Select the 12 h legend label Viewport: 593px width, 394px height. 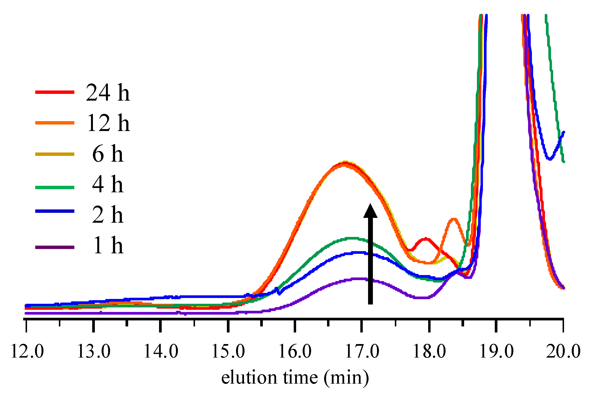coord(108,123)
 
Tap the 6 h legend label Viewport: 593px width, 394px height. coord(108,154)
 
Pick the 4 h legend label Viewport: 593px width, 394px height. coord(108,184)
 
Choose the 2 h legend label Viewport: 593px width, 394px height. coord(108,214)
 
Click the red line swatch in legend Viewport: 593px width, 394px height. coord(55,92)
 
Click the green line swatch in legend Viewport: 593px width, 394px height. coord(55,187)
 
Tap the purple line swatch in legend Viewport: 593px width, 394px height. coord(55,247)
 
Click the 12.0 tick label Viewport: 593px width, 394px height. coord(27,351)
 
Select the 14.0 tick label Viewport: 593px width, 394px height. coord(161,351)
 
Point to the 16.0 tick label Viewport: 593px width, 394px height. coord(295,351)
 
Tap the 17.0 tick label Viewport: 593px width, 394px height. coord(362,351)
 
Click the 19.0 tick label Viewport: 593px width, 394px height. coord(496,351)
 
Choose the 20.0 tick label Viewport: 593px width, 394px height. coord(563,351)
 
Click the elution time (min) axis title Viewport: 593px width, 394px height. coord(295,377)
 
